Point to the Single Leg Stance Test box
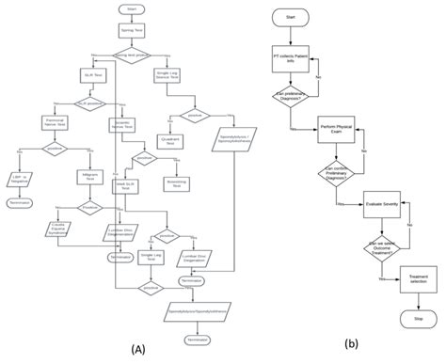pos(167,73)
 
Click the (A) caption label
pos(132,350)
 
